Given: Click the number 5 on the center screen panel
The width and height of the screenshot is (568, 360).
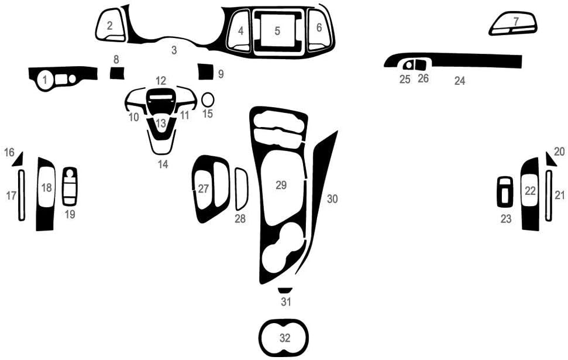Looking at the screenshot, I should (277, 30).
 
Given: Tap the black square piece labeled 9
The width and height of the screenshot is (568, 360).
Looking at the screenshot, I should (205, 71).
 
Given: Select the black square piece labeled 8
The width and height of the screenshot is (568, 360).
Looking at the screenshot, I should (117, 73).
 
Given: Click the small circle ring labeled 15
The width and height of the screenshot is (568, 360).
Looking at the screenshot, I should (208, 100).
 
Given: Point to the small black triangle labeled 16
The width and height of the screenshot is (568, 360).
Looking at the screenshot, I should (17, 158).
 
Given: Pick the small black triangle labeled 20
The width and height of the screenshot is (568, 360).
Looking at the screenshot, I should (550, 158).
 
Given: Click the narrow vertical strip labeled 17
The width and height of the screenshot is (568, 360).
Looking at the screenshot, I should (22, 195).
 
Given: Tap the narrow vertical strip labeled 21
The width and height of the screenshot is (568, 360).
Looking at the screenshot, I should (549, 195).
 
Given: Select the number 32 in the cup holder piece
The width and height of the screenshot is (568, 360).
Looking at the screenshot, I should (284, 338).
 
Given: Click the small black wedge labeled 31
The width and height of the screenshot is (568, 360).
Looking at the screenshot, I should (285, 290).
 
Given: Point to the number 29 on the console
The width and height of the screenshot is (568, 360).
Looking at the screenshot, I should (281, 185).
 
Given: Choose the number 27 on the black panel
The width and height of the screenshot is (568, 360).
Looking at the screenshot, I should (203, 188).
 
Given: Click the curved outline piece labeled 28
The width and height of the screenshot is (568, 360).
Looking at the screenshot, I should (241, 188).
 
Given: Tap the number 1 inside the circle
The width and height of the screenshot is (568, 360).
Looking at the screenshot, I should (44, 81).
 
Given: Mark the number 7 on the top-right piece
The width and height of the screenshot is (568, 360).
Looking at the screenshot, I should (516, 21).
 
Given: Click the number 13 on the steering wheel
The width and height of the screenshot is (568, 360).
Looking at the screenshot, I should (161, 124).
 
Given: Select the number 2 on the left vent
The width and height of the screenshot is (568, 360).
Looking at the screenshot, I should (109, 25).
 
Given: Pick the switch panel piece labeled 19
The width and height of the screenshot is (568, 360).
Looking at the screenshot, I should (70, 186).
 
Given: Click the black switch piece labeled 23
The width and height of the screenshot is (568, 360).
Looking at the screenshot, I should (504, 192).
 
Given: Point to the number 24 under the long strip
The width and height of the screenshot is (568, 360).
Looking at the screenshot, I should (460, 81).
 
